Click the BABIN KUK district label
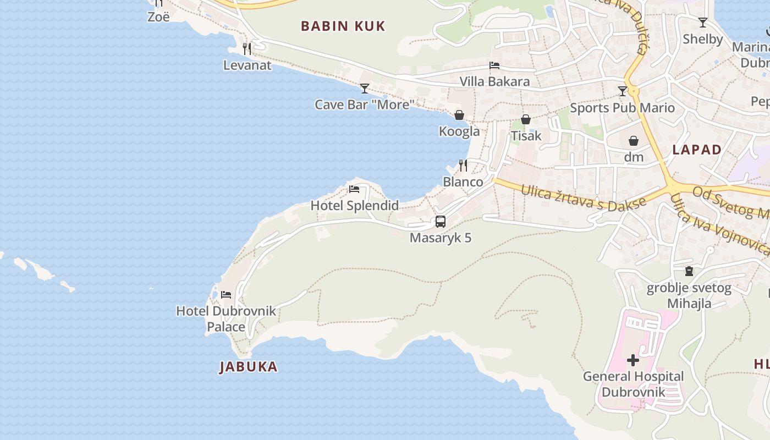coord(343,26)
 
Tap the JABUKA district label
coord(248,367)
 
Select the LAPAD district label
coord(697,150)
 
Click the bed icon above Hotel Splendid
coord(354,190)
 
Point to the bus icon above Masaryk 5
coord(441,222)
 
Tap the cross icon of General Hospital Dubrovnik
coord(633,360)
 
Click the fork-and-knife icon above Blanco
coord(463,165)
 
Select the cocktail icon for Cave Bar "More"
coord(364,88)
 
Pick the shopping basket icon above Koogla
coord(459,115)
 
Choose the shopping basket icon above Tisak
coord(526,119)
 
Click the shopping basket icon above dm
coord(634,141)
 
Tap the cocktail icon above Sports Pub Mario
coord(622,91)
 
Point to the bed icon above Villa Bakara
coord(494,65)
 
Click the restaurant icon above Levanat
coord(247,48)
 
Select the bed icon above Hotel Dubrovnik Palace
coord(226,295)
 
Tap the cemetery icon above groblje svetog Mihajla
coord(689,271)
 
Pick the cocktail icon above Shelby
coord(702,23)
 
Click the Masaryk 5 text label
coord(441,238)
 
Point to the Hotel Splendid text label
coord(355,206)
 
